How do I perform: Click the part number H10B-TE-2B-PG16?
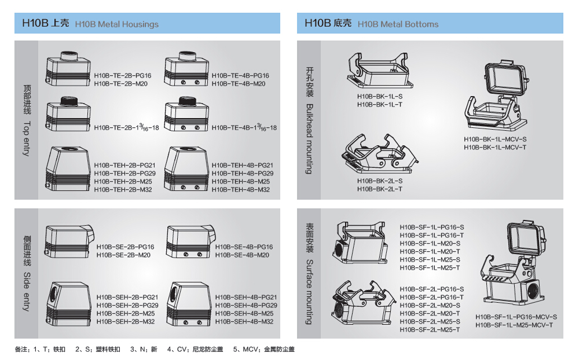coord(123,76)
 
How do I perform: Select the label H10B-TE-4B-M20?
coord(239,84)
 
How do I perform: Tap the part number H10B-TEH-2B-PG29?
coord(125,174)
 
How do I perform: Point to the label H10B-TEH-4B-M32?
coord(241,190)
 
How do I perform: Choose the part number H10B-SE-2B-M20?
coord(123,255)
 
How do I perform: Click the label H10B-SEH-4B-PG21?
coord(246,297)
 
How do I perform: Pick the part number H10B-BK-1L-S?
coord(380,97)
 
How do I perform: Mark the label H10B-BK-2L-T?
coord(380,189)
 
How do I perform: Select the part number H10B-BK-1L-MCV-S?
coord(495,139)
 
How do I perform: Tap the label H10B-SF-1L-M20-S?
coord(430,244)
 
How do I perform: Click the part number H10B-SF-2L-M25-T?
coord(430,330)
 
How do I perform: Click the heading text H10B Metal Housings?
coord(117,24)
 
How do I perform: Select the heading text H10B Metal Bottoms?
coord(398,24)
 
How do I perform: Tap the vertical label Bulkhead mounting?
coord(309,139)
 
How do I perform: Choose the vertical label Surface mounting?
coord(309,292)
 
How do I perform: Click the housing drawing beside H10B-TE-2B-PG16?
coord(68,69)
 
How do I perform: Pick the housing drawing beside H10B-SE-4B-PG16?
coord(190,241)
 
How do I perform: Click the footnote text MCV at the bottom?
coord(250,349)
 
